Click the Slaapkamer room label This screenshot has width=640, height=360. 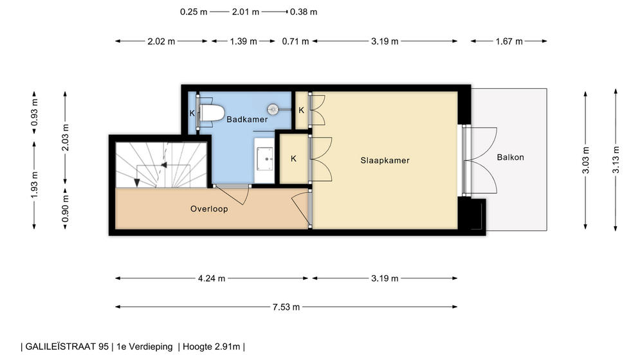point(385,161)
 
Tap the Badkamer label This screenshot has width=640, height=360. point(247,119)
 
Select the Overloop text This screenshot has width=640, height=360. point(209,209)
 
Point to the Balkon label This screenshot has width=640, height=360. point(510,157)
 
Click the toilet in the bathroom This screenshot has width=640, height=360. point(212,113)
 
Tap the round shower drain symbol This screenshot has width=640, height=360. point(273,109)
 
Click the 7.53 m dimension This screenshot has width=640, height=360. point(286,307)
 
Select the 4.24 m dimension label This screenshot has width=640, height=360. point(212,278)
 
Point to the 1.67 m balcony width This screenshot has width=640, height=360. point(509,41)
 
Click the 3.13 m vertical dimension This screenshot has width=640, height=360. point(616,159)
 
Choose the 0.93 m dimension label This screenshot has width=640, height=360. point(34,113)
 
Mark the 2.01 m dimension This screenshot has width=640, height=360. point(245,12)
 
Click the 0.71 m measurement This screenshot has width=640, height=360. point(295,41)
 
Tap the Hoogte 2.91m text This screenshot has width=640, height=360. point(211,347)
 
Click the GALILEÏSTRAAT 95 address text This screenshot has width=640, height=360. point(67,347)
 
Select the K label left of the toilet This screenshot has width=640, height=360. point(192,113)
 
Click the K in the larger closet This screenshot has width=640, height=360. point(293,158)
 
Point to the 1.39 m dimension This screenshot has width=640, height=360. point(243,41)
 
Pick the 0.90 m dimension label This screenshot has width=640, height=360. point(66,208)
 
